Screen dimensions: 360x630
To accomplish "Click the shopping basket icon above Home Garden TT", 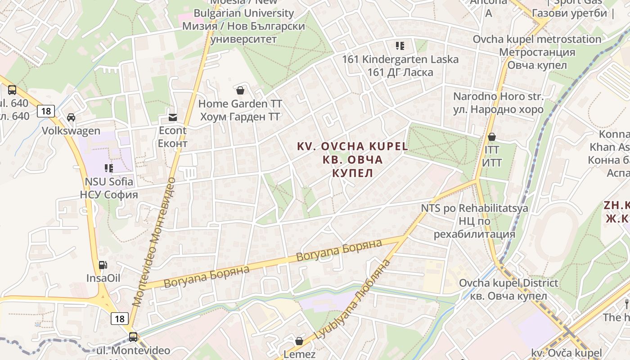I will [240, 90].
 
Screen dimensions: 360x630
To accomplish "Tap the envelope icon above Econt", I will [172, 117].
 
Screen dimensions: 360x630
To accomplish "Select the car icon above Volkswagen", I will [71, 117].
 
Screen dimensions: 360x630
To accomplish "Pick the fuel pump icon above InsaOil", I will [103, 265].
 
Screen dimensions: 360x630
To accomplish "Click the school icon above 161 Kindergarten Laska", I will [400, 45].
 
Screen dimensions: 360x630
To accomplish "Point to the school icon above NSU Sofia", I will [108, 168].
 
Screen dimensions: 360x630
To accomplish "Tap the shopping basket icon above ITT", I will [492, 136].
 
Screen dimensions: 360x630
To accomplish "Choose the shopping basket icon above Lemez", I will [299, 341].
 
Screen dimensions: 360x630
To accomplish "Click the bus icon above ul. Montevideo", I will [133, 337].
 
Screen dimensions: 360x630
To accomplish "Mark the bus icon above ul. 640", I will [12, 90].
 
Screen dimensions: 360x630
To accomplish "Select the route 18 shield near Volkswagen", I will [46, 111].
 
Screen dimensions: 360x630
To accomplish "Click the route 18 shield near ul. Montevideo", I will [120, 319].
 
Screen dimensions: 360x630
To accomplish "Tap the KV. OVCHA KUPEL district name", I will [352, 159].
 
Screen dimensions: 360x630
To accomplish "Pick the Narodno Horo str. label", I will [498, 103].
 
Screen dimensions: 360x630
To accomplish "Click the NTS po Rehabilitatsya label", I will [474, 221].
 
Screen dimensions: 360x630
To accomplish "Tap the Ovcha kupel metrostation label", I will [537, 52].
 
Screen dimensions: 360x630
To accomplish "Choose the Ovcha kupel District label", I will [508, 289].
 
